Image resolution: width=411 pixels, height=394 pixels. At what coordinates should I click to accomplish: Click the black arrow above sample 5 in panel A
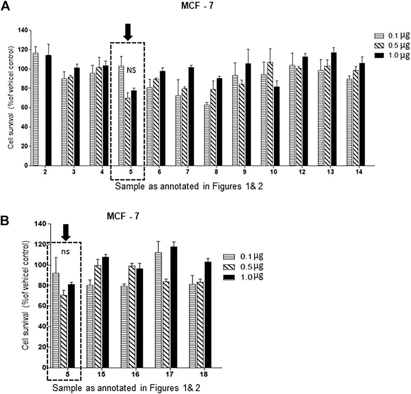[x=128, y=32]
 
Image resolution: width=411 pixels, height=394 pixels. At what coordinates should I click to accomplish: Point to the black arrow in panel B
[x=66, y=232]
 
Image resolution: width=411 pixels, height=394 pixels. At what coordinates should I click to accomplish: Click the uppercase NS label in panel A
[x=131, y=70]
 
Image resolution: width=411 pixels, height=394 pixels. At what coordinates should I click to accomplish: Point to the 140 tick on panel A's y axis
[x=24, y=31]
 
